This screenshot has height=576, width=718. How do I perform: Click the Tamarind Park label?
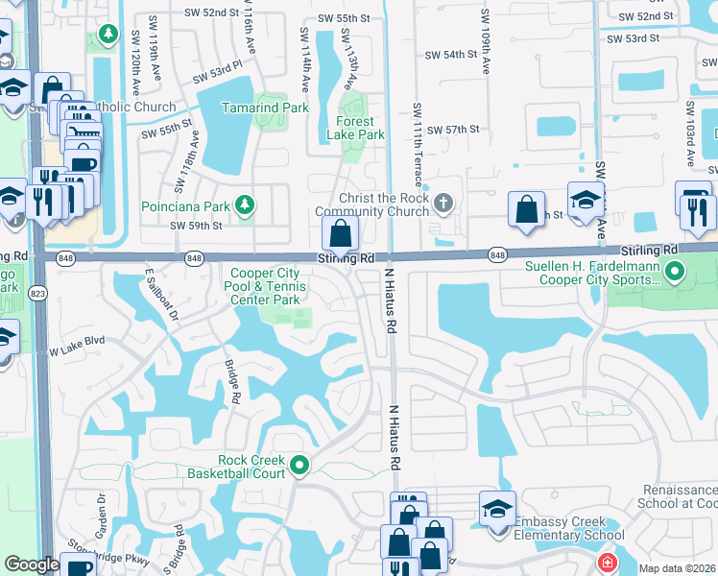click(x=265, y=108)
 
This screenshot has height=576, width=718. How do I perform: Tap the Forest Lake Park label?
click(x=361, y=129)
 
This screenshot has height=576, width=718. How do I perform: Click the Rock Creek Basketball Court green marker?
click(x=299, y=466)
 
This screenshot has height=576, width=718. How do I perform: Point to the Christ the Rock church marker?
click(x=443, y=203)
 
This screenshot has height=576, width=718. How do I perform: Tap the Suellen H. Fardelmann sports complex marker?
click(x=674, y=273)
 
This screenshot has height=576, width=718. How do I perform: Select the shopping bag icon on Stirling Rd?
click(x=341, y=233)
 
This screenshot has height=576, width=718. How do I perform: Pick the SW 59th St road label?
click(x=196, y=227)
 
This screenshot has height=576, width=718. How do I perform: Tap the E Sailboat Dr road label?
click(x=161, y=293)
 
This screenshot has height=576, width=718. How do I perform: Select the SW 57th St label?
click(x=453, y=130)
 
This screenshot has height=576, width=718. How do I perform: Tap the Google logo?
click(x=32, y=564)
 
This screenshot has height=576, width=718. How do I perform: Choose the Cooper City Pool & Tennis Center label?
click(x=266, y=287)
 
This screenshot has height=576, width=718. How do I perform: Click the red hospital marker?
click(x=607, y=563)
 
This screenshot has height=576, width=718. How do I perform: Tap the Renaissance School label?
click(x=679, y=496)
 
